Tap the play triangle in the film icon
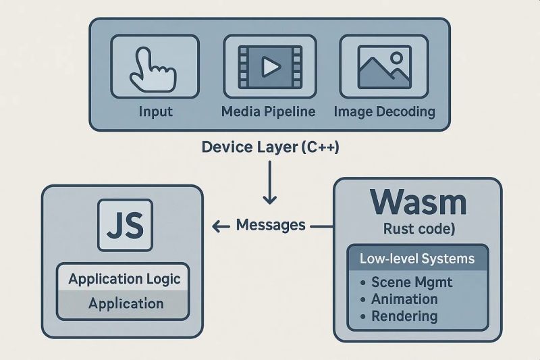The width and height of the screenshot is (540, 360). click(270, 66)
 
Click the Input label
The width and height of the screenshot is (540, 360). click(155, 111)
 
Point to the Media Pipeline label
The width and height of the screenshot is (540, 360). click(269, 111)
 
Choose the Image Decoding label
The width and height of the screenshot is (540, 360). click(385, 111)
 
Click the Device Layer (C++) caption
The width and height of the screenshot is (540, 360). click(270, 147)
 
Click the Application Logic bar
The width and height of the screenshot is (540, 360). click(125, 279)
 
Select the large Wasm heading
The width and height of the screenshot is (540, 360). click(418, 202)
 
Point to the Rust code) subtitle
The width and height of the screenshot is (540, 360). click(418, 230)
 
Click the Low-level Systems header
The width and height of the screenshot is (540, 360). click(417, 259)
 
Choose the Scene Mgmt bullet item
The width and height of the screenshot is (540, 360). click(410, 282)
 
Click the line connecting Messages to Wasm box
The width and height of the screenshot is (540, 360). click(321, 226)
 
